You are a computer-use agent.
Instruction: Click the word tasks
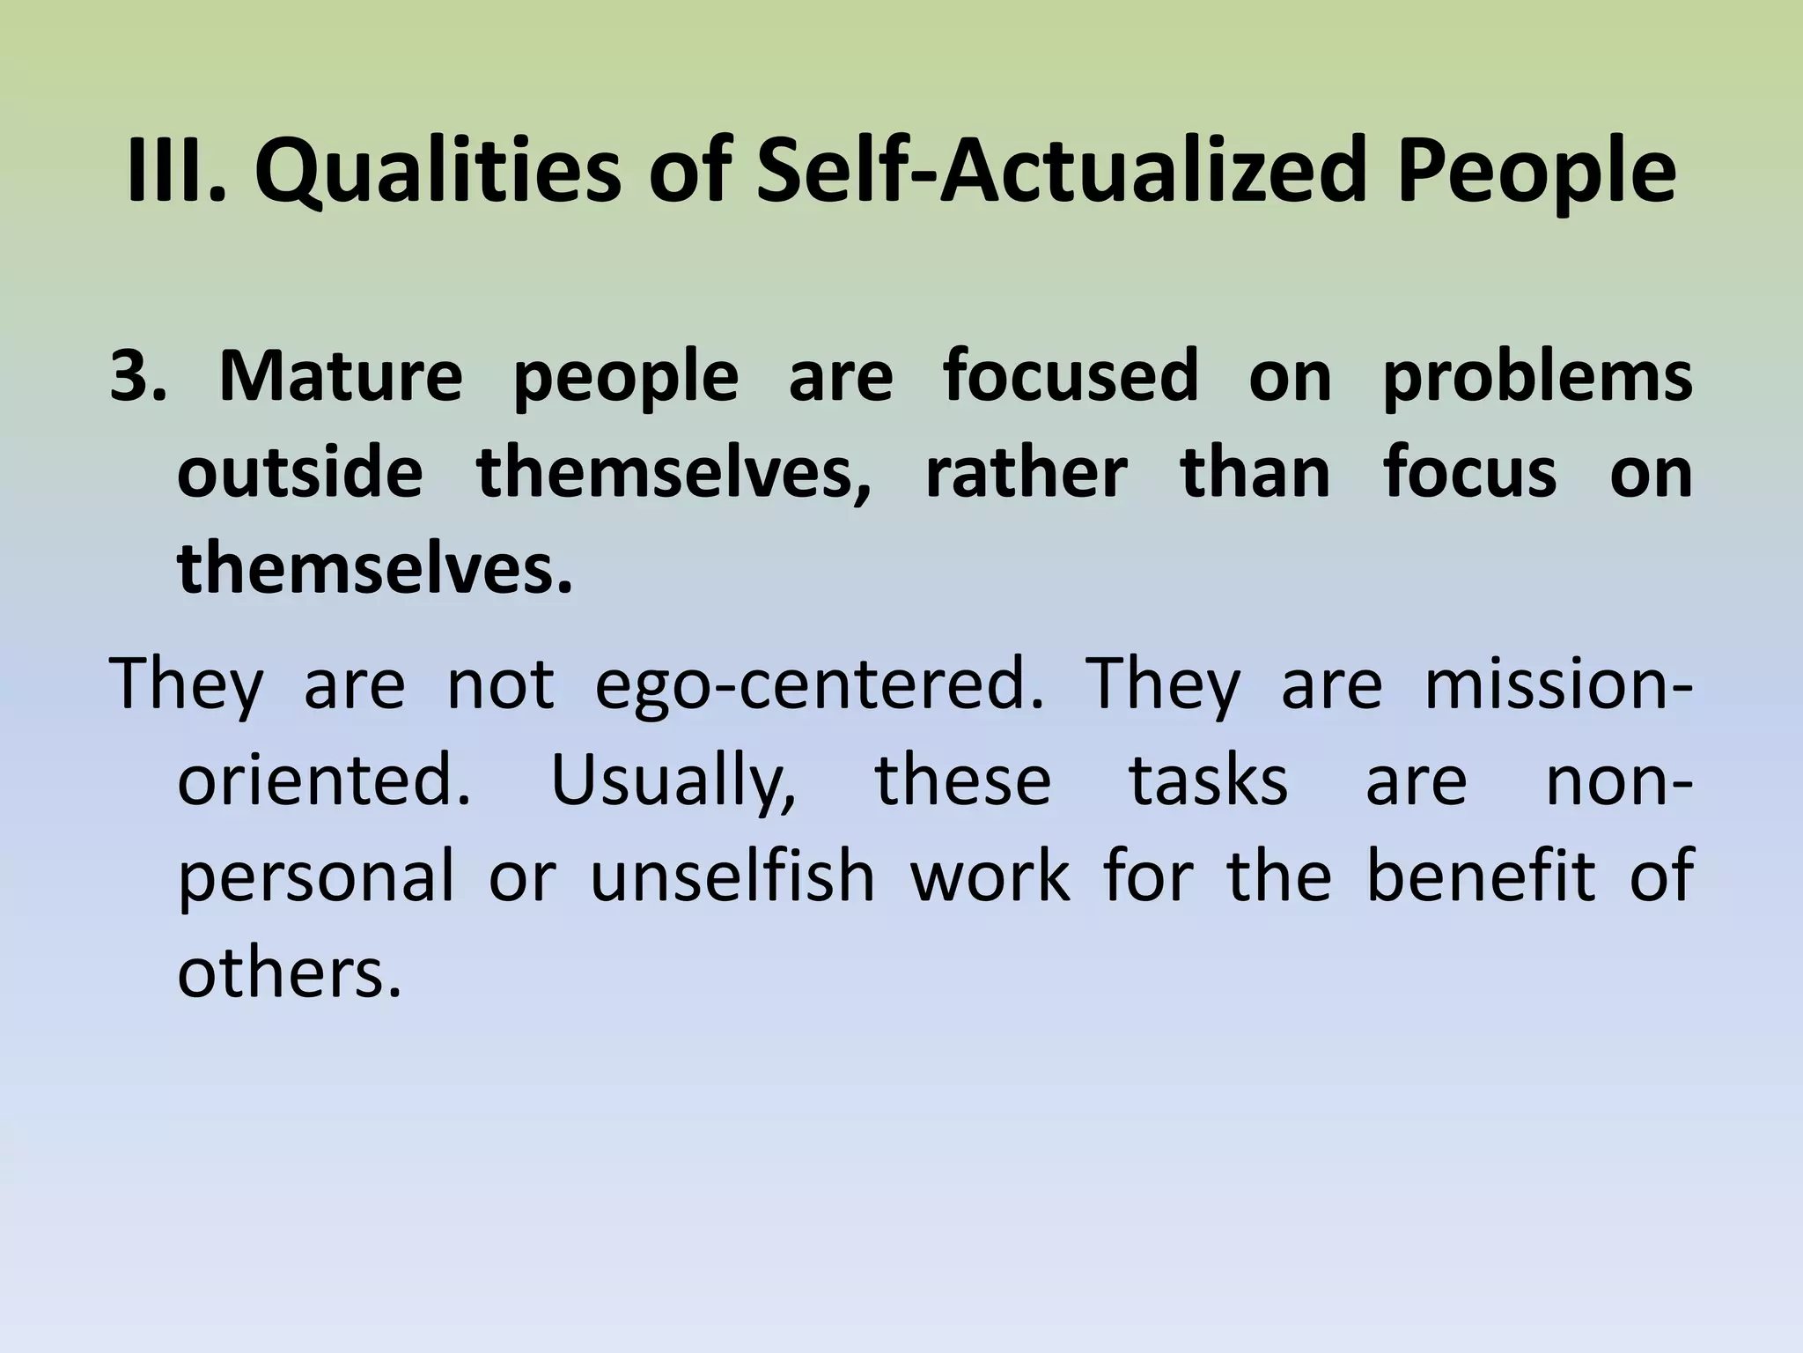tap(1208, 780)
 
